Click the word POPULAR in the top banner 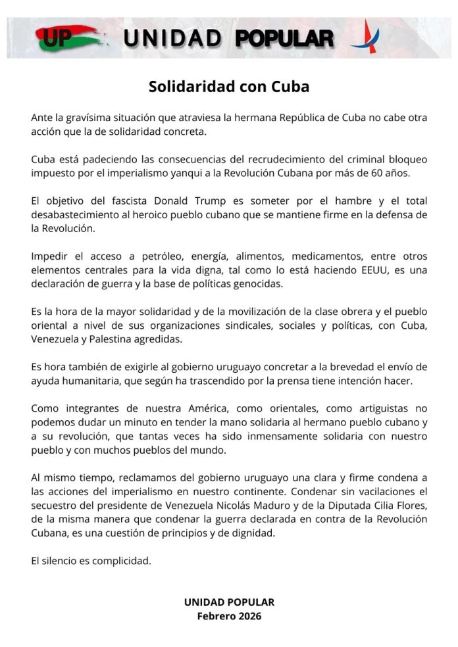284,39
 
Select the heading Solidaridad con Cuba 228,87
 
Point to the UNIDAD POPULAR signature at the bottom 229,602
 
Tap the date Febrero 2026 229,616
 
